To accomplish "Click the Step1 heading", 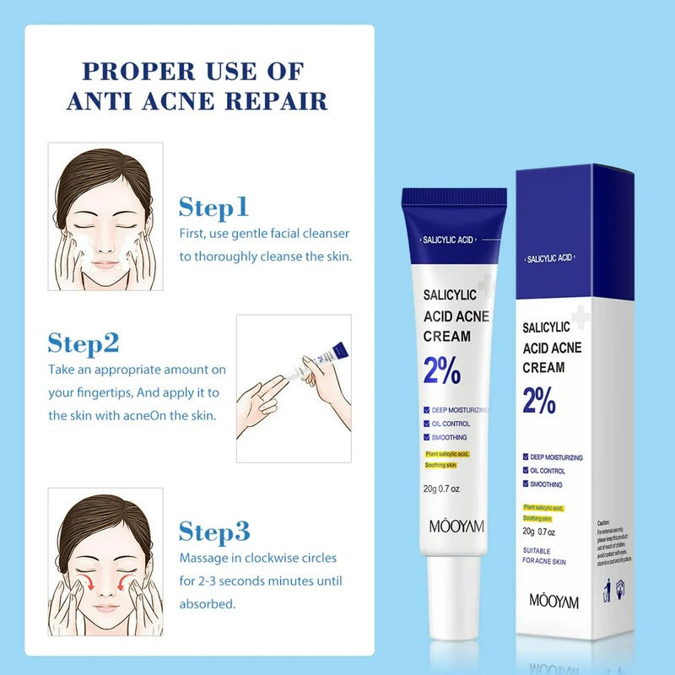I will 213,207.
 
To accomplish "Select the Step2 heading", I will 84,343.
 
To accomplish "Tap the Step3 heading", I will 214,532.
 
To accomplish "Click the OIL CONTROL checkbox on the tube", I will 428,424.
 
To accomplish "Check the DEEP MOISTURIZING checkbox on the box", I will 525,457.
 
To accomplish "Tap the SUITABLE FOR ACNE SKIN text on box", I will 544,556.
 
